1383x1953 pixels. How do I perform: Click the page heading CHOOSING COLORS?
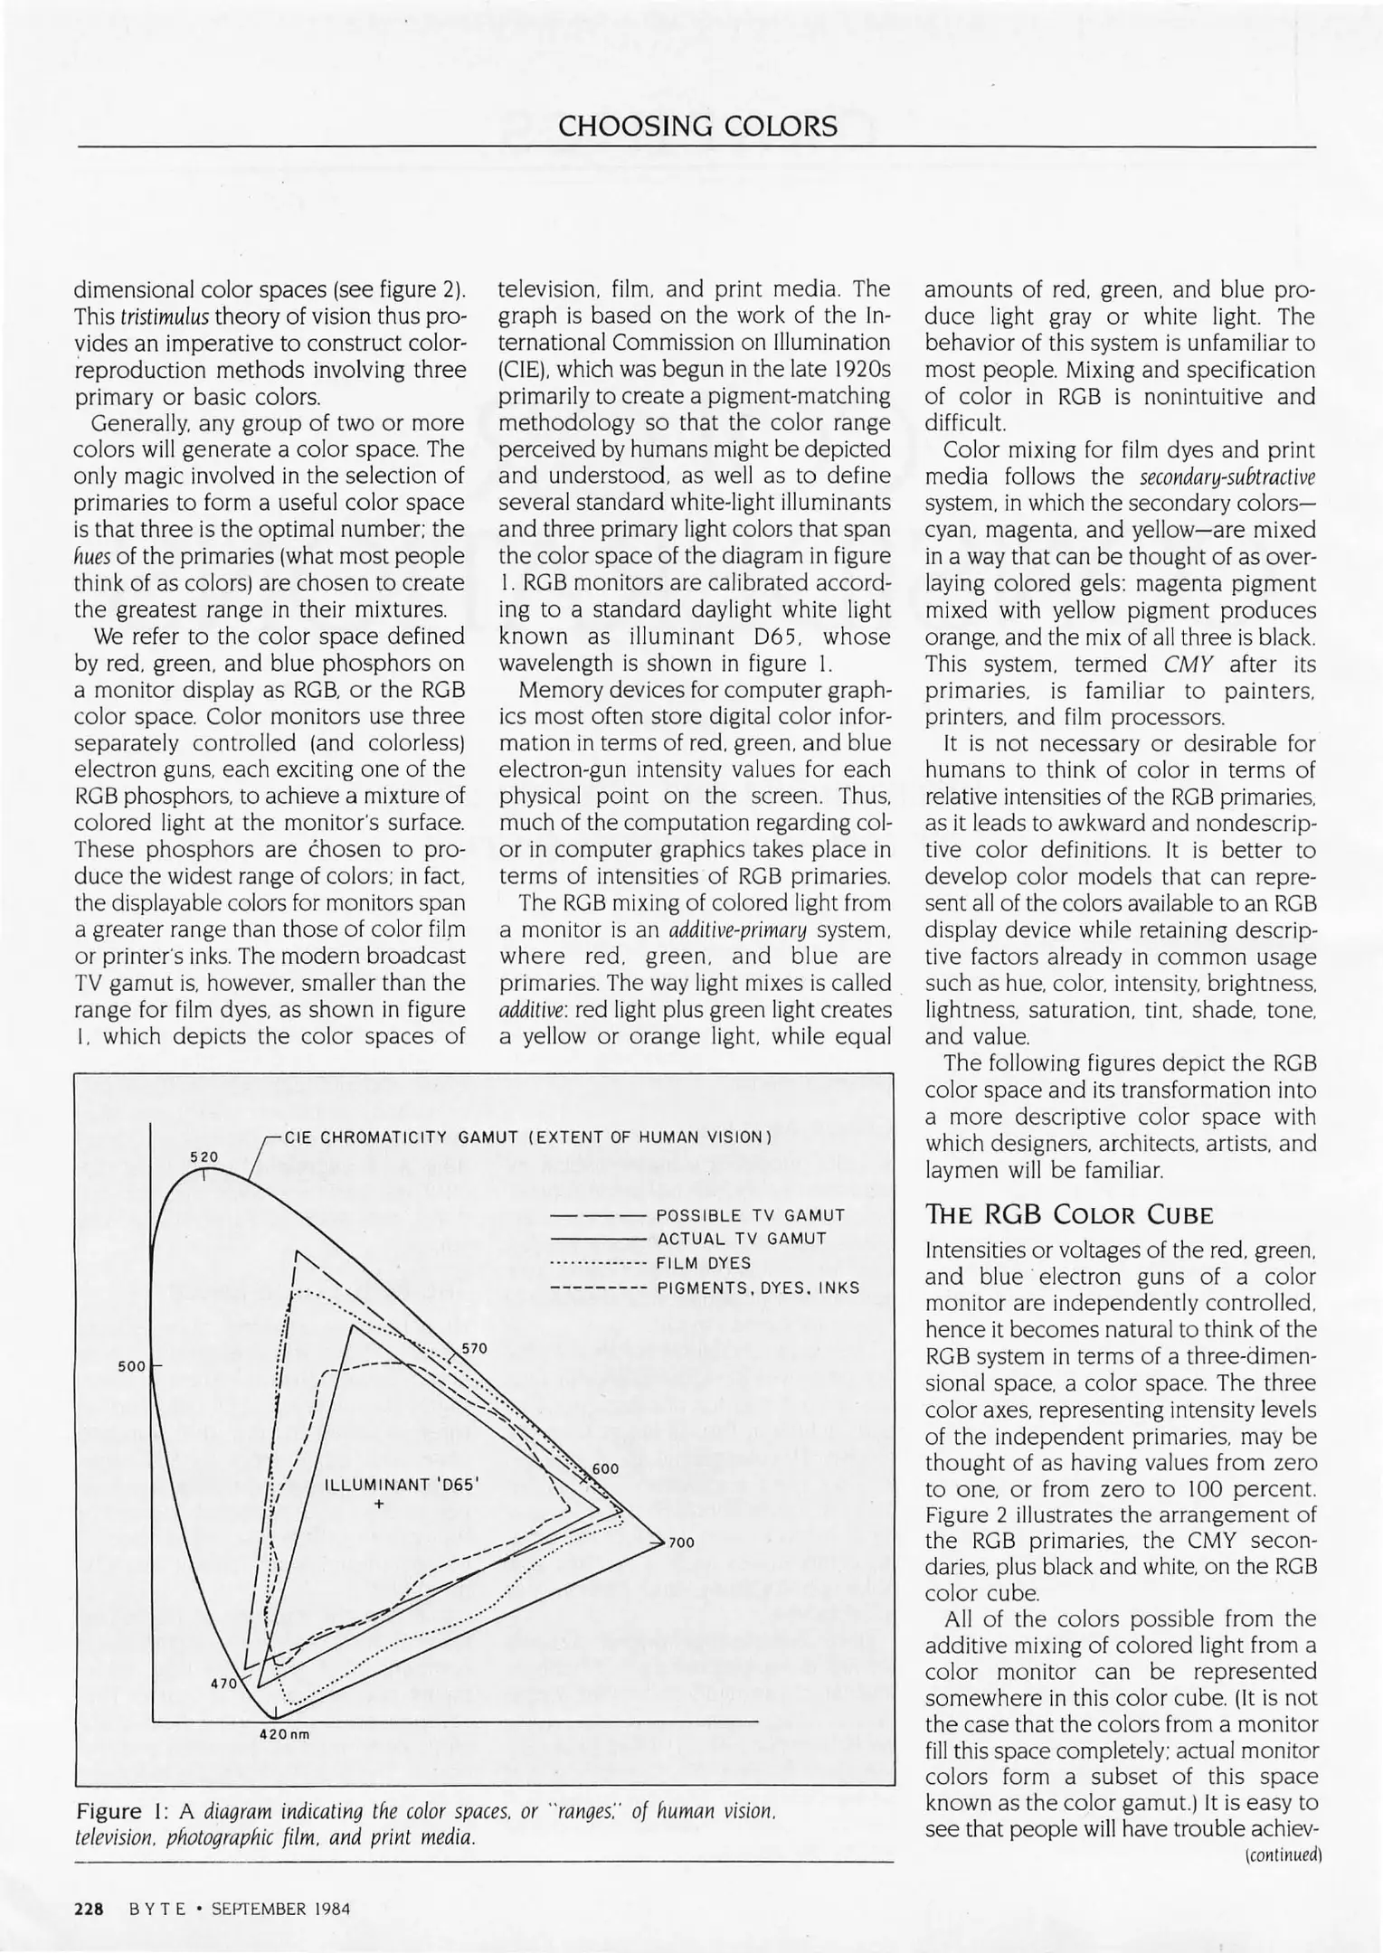click(x=697, y=126)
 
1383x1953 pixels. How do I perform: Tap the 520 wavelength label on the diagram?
click(x=204, y=1157)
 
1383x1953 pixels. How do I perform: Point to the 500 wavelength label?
click(x=131, y=1366)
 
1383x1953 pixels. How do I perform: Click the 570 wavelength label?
click(x=475, y=1348)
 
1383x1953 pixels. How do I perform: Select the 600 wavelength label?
click(x=605, y=1468)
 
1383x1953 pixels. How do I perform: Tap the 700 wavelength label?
click(x=681, y=1543)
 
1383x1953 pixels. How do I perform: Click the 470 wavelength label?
click(x=223, y=1684)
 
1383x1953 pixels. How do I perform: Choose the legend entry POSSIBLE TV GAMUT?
click(x=751, y=1216)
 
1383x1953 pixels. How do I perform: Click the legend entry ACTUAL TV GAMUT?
click(x=742, y=1239)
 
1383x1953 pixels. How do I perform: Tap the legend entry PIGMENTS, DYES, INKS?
click(x=758, y=1288)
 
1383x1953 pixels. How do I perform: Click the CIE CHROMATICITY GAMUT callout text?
click(x=527, y=1137)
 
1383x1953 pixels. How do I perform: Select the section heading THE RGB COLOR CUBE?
click(x=1068, y=1214)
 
